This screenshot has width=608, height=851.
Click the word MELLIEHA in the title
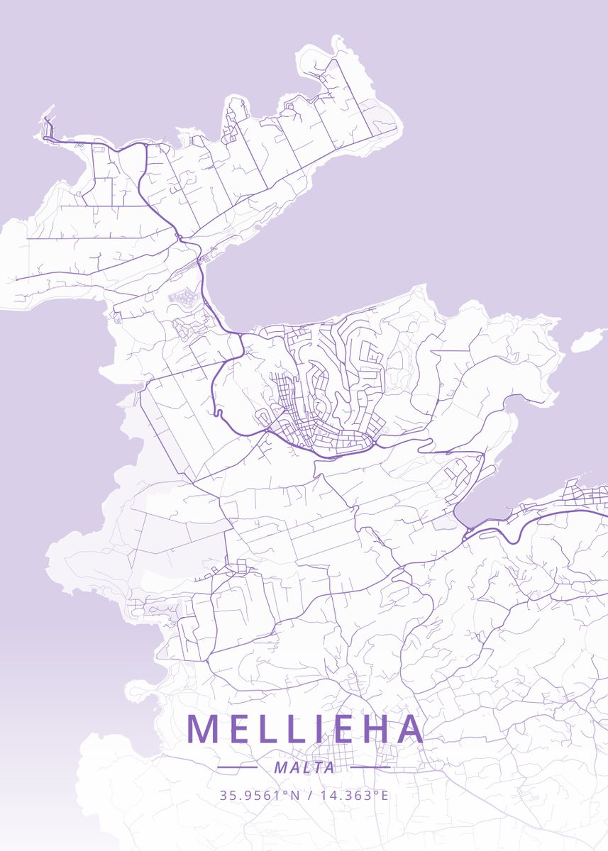[x=305, y=730]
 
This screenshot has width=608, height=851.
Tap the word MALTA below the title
[x=304, y=767]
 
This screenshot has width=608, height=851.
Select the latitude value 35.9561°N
[x=260, y=795]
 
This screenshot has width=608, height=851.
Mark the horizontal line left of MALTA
[x=237, y=767]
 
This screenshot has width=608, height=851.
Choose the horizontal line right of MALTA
[x=371, y=767]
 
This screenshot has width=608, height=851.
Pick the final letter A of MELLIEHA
[x=409, y=730]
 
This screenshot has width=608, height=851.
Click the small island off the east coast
[x=588, y=341]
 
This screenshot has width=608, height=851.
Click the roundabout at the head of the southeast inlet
[x=467, y=528]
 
